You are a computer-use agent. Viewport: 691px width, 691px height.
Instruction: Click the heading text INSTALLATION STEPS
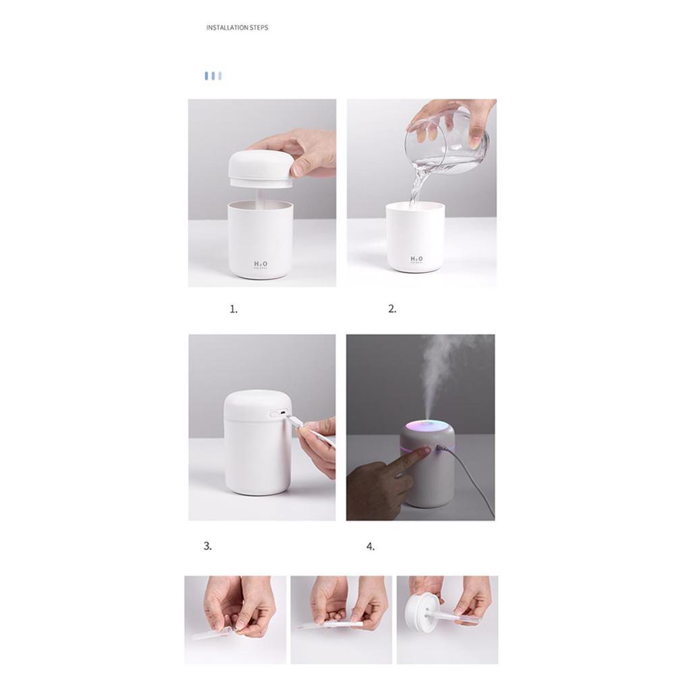pos(237,28)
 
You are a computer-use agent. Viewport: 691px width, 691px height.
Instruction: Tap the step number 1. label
pos(233,309)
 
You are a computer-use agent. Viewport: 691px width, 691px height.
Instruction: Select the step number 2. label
pos(392,309)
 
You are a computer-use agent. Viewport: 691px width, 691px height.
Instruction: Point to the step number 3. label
pos(207,546)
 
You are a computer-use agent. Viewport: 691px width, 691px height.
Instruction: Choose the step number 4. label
pos(370,547)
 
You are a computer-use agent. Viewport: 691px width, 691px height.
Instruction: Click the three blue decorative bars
pos(213,76)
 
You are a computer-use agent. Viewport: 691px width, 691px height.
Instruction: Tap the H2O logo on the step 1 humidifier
pos(260,264)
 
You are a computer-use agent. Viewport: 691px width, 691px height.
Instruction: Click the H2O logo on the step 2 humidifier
pos(417,260)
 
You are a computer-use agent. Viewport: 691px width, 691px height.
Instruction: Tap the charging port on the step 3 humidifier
pos(279,414)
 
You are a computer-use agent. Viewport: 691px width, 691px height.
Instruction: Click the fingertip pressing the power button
pos(425,451)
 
